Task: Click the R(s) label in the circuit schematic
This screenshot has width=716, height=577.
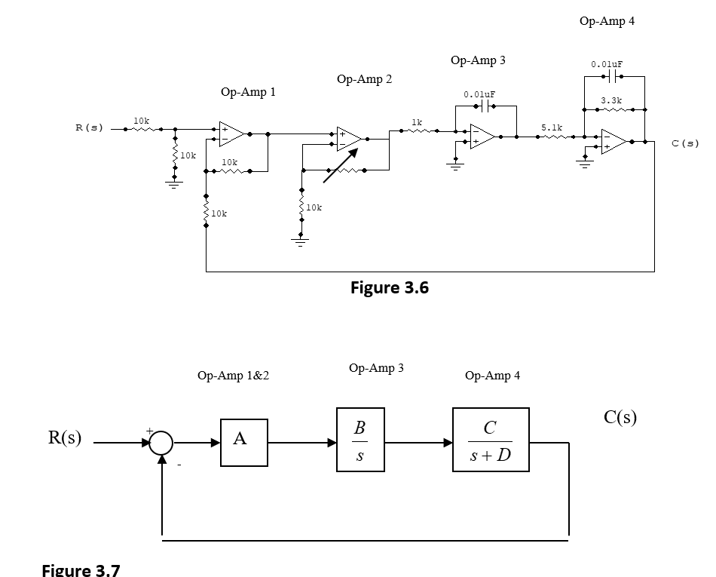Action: pos(89,127)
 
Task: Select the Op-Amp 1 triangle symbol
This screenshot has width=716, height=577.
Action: pos(231,133)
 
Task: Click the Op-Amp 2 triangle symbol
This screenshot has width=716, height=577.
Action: pos(349,138)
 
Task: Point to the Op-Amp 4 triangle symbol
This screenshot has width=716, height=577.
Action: pos(613,141)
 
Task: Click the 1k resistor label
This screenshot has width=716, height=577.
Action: pos(417,121)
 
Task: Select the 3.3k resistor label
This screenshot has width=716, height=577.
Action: pos(611,100)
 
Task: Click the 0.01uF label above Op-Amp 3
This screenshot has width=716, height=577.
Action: pos(479,94)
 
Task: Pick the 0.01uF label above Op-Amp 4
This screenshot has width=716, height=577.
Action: pos(607,65)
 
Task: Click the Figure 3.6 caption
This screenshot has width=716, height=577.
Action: pos(390,287)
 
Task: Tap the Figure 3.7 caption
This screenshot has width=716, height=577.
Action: pos(80,569)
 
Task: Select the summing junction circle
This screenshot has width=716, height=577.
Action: pos(161,443)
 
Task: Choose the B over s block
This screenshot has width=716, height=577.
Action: pos(360,440)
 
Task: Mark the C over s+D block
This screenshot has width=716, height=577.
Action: pos(490,440)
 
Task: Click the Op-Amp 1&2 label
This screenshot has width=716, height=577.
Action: pos(233,376)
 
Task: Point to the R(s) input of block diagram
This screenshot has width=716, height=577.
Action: pos(66,438)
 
